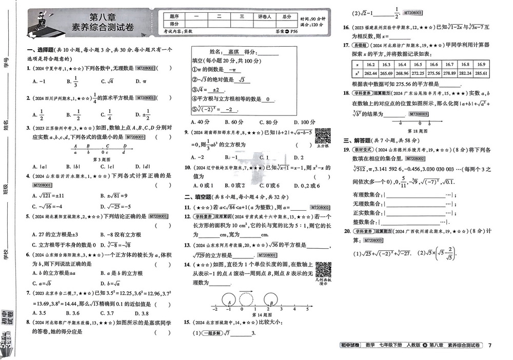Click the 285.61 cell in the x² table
(481, 73)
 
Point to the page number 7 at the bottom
(490, 345)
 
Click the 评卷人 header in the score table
(263, 16)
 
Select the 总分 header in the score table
(286, 16)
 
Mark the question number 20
(347, 231)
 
